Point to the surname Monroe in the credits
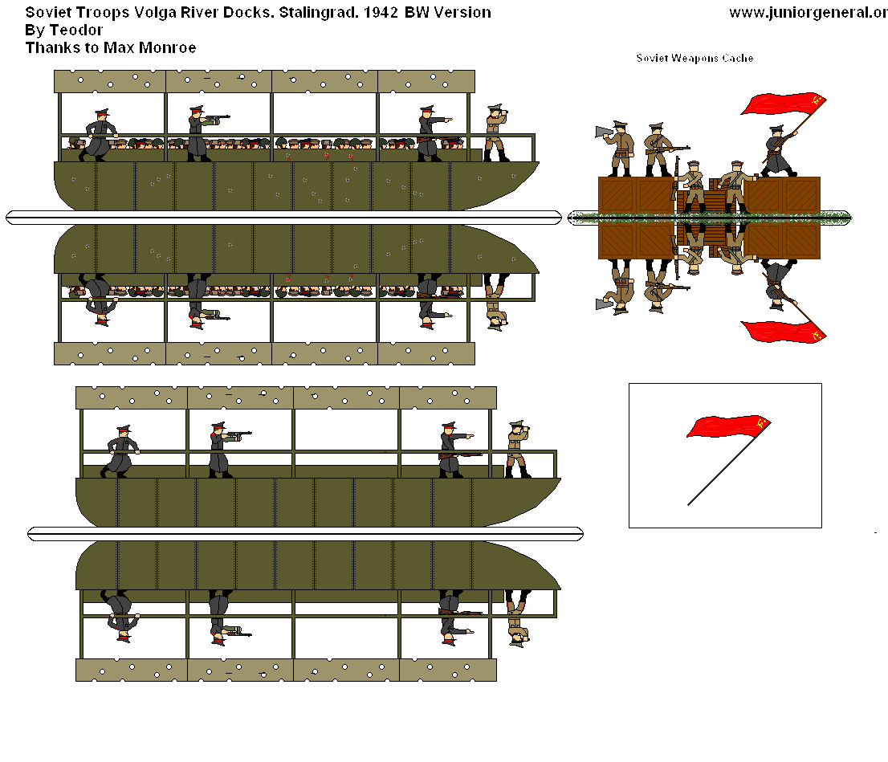pos(166,48)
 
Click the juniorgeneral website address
pos(807,13)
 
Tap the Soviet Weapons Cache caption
pos(695,59)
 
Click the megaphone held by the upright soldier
pos(605,132)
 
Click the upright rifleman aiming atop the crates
pos(658,149)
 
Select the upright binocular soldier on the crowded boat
pos(495,132)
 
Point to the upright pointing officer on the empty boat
pos(450,450)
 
